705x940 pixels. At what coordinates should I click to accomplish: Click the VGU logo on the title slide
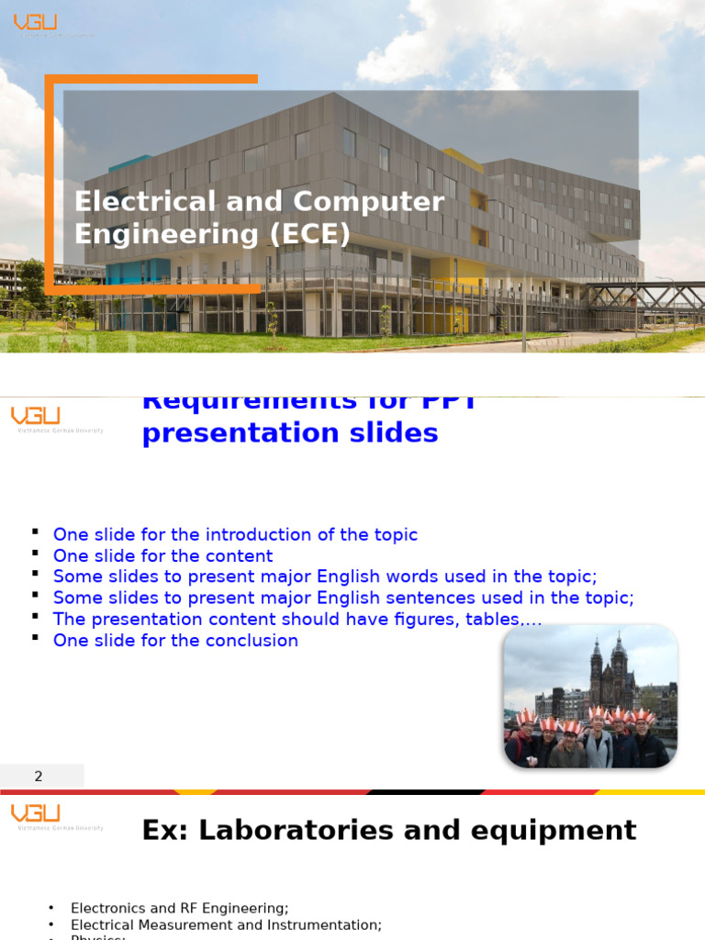pyautogui.click(x=36, y=22)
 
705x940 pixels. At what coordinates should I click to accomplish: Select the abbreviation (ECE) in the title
pyautogui.click(x=309, y=235)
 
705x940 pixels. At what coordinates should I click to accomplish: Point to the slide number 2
pyautogui.click(x=39, y=777)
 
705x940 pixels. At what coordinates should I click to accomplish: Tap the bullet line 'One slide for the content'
pyautogui.click(x=162, y=556)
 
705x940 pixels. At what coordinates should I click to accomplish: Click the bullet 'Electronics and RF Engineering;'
pyautogui.click(x=179, y=908)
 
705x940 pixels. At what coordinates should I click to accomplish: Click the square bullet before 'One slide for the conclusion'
pyautogui.click(x=35, y=637)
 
